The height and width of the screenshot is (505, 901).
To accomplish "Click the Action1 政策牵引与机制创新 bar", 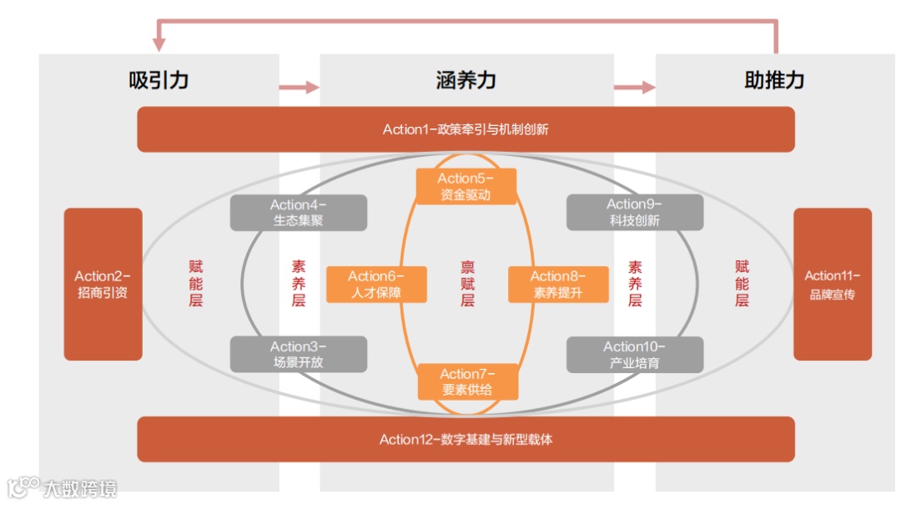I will pos(466,129).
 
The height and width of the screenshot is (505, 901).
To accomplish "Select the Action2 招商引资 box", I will pos(103,284).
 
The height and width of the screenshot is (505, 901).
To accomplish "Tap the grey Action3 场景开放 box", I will pos(298,354).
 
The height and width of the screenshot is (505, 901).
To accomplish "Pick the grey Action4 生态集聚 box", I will pos(298,213).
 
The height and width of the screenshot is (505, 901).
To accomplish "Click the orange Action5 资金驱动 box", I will pos(466,186).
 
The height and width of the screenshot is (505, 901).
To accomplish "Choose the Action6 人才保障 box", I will pos(375,285).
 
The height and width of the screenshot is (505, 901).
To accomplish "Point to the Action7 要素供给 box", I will pos(467,381).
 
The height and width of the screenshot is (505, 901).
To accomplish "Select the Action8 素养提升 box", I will pos(558,285).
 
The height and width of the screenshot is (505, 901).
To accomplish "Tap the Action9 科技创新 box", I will pos(634,213).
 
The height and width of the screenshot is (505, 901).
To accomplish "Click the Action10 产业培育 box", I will pos(634,354).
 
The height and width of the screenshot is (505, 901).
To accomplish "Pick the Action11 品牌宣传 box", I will pos(832,284).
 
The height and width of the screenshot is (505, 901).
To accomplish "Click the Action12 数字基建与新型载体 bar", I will pos(466,439).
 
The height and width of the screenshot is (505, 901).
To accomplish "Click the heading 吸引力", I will pos(159,80).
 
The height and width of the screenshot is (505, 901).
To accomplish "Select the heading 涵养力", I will pos(466,80).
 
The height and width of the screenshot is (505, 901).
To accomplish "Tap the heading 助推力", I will pos(773,80).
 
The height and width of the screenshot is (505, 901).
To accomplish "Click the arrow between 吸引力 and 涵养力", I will pos(299,87).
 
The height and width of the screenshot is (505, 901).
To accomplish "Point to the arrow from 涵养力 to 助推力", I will pos(634,87).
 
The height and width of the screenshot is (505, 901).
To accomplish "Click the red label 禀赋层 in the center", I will pos(467,284).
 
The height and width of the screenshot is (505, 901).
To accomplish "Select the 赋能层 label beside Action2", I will pos(195,284).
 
